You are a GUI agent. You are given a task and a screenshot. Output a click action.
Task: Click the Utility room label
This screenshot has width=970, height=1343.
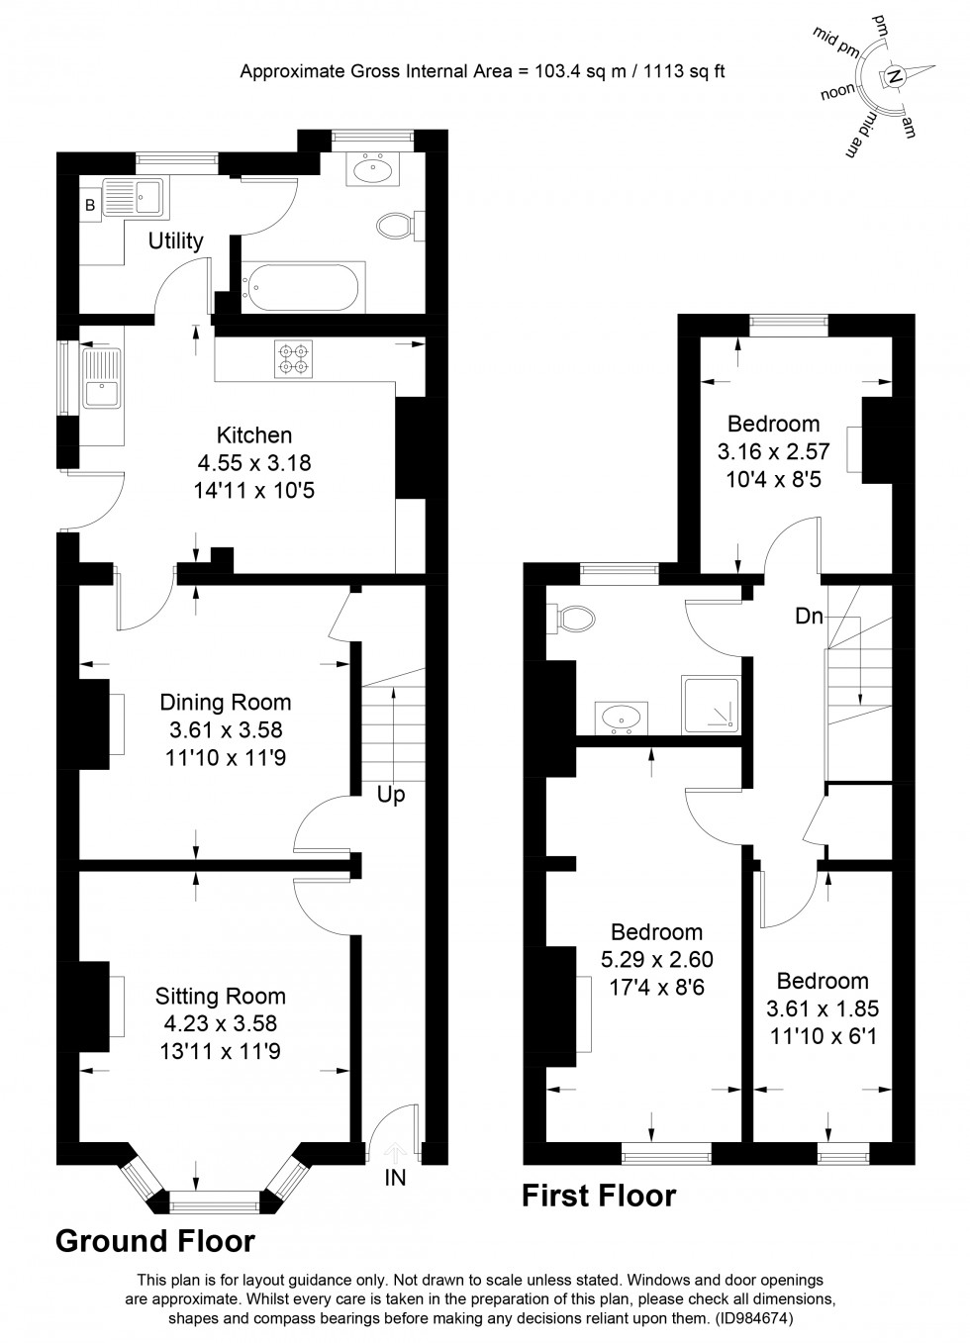pos(175,240)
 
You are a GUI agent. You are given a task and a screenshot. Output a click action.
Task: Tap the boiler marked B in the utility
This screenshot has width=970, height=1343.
pos(90,207)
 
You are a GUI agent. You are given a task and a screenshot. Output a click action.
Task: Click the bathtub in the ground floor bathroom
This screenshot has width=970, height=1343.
pos(304,286)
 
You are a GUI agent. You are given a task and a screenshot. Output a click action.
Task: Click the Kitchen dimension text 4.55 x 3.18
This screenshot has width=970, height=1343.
pos(254,462)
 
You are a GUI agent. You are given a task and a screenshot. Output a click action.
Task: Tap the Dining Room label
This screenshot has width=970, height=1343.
pos(226,703)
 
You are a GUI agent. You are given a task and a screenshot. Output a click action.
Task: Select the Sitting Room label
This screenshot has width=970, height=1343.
pos(220,997)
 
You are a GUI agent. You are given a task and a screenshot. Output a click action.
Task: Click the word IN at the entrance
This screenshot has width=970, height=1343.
pos(395,1178)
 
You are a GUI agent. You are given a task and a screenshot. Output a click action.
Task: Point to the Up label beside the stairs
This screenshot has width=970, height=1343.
pos(391,795)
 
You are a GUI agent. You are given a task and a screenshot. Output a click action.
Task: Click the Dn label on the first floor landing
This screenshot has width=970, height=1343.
pos(809,616)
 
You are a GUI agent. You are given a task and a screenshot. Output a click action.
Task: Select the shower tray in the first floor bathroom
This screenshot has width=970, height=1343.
pos(710,706)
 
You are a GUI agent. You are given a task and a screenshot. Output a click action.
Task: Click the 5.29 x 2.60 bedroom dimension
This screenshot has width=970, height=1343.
pos(656,959)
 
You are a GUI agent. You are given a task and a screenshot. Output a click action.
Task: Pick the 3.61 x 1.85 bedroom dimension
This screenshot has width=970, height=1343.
pos(823,1008)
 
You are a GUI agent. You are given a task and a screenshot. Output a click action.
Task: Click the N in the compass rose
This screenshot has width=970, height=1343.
pos(894,76)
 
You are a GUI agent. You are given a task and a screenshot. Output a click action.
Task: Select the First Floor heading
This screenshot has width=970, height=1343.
pos(599,1197)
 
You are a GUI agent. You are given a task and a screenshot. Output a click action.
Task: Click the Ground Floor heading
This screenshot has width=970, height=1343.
pos(155,1241)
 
